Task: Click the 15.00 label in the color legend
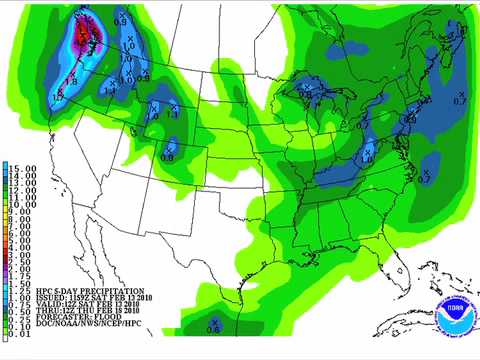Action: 23,166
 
